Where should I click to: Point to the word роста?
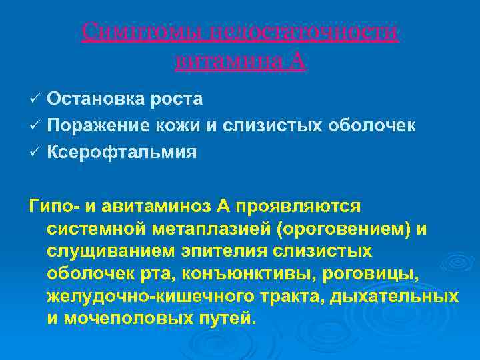181,99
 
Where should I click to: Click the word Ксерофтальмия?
122,152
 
